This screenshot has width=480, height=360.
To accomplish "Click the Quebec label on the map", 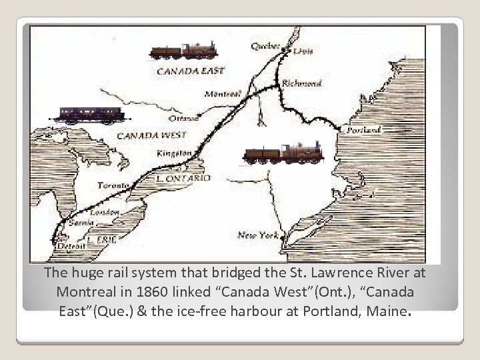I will click(x=265, y=45).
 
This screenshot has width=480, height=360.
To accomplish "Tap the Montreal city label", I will click(x=223, y=94).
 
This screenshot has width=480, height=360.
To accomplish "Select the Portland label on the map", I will click(x=363, y=130).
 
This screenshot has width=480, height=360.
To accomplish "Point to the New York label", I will click(x=257, y=235).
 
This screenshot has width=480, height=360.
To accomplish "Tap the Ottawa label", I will click(x=183, y=119).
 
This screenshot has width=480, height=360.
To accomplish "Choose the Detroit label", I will click(x=71, y=246).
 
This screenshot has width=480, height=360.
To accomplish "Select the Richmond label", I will click(x=301, y=83).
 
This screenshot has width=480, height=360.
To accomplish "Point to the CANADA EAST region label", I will click(x=190, y=69).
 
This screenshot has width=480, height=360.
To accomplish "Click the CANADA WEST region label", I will click(x=147, y=135).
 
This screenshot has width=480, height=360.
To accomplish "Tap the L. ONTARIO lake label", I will click(x=183, y=179).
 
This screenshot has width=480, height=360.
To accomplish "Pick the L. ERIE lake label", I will click(x=102, y=239).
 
